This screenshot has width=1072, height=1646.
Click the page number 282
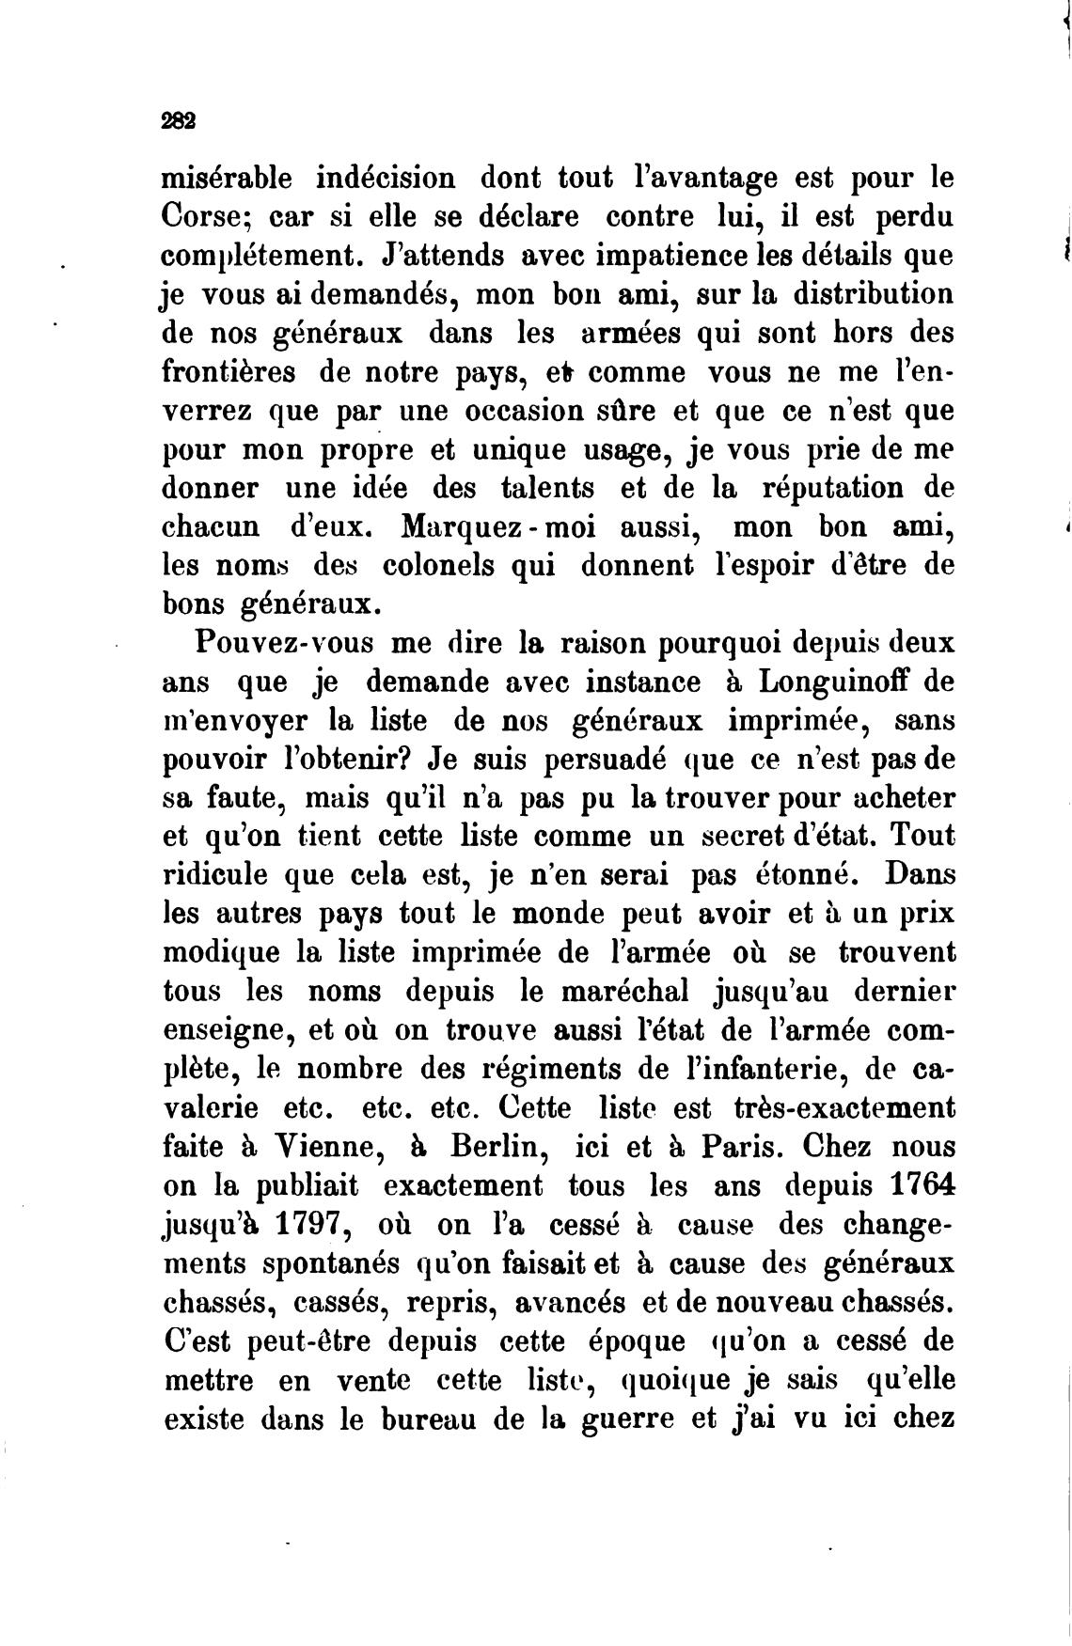pos(178,120)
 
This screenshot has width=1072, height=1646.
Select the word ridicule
pos(217,876)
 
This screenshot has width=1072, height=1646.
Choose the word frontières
pos(229,371)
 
